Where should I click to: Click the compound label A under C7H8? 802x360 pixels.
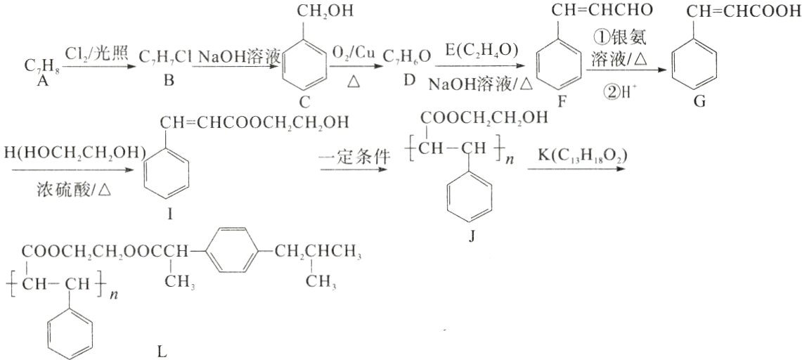coord(41,81)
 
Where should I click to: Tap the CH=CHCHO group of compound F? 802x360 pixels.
coord(602,11)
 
